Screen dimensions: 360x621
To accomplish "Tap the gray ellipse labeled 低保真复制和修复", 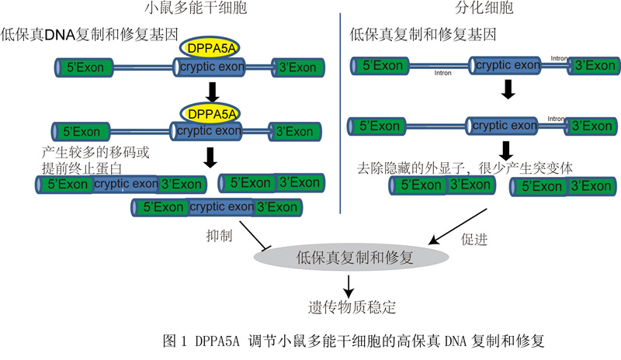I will tap(349, 257).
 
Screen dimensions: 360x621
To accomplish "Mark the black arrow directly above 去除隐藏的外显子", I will tap(506, 147).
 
